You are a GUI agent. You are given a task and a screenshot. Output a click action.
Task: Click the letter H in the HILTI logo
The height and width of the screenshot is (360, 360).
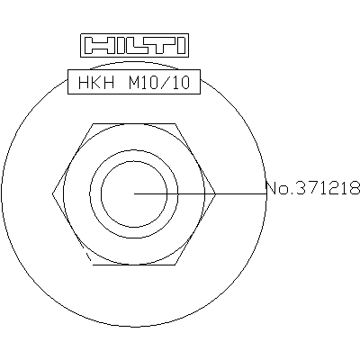pyautogui.click(x=96, y=46)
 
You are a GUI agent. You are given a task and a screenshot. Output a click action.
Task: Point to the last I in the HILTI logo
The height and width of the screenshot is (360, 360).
pyautogui.click(x=182, y=46)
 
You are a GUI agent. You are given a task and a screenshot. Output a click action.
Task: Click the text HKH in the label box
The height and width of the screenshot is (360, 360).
pyautogui.click(x=96, y=82)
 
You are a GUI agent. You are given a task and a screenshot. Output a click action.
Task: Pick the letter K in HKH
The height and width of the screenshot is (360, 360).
pyautogui.click(x=96, y=82)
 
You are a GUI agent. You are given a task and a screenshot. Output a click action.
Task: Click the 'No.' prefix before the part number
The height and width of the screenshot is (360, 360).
pyautogui.click(x=278, y=188)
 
